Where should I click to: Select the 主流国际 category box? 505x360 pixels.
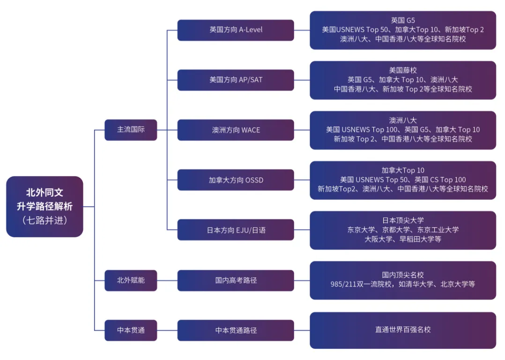(x=131, y=130)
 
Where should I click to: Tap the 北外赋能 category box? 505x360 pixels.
(x=131, y=280)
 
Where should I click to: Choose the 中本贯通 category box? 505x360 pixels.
(x=131, y=330)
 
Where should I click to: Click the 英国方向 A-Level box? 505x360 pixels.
(x=236, y=30)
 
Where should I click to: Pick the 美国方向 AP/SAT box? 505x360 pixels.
(x=236, y=80)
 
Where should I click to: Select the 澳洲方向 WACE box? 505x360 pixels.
(x=236, y=130)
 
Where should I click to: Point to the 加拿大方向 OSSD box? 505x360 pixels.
(x=236, y=180)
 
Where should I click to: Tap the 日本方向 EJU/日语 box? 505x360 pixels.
(x=236, y=230)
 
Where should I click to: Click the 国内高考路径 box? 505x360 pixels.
(x=236, y=280)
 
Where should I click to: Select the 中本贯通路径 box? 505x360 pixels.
(x=236, y=330)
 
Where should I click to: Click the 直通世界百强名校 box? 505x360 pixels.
(x=403, y=330)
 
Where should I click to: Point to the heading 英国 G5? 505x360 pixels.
(x=403, y=20)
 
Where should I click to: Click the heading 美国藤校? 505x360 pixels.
(x=403, y=70)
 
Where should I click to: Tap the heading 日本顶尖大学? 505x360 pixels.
(x=403, y=220)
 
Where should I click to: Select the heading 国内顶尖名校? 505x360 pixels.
(x=403, y=275)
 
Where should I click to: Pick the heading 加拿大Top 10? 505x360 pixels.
(x=403, y=170)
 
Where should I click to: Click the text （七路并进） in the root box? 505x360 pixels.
(x=45, y=220)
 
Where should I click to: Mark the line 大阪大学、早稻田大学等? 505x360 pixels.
(x=403, y=239)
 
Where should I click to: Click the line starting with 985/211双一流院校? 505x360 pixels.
(x=403, y=284)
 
